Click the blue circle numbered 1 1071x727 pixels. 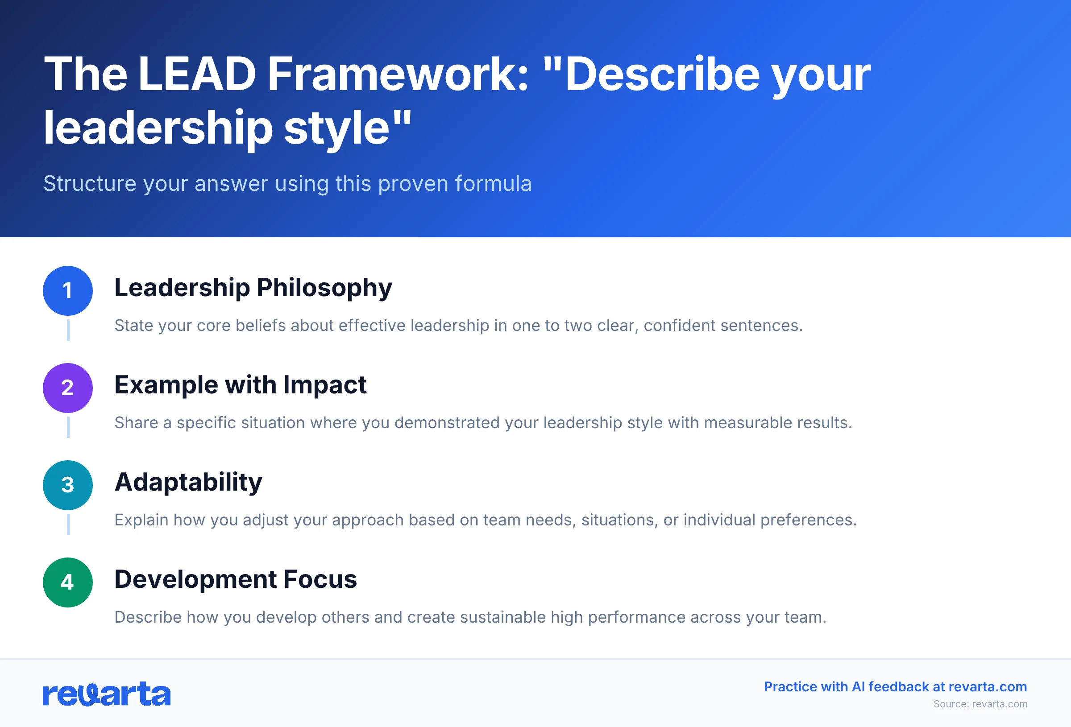68,291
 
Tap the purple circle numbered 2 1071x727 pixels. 68,388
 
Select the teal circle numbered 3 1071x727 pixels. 68,485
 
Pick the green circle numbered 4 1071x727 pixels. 68,582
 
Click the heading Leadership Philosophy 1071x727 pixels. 253,288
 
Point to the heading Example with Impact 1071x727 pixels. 240,385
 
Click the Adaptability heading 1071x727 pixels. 188,483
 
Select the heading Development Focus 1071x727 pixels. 236,579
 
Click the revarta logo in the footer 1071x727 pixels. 107,694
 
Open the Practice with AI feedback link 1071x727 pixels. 895,686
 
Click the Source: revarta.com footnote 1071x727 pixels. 980,704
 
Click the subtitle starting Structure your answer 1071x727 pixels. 287,184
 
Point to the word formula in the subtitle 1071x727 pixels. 493,184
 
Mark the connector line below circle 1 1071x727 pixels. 68,330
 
